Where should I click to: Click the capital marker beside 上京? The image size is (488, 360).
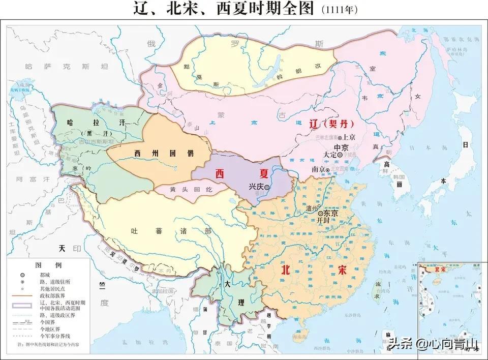[340, 137]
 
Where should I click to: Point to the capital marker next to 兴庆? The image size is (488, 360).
[267, 187]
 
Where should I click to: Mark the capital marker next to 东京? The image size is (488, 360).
[320, 214]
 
